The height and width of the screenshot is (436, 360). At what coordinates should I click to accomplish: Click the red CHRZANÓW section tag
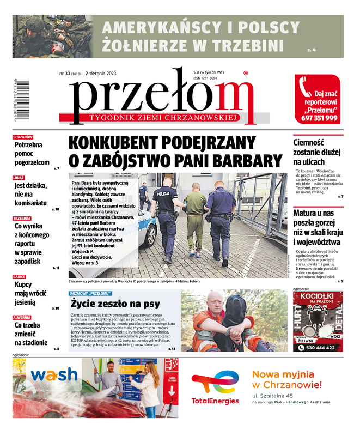coord(23,137)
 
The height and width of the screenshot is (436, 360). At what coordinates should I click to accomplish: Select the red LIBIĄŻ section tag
coord(19,178)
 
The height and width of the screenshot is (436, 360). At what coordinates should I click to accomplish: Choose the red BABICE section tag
coord(20,277)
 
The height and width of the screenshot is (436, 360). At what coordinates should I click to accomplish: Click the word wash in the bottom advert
coord(54,374)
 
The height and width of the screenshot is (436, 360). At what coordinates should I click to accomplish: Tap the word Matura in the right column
coord(307,213)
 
